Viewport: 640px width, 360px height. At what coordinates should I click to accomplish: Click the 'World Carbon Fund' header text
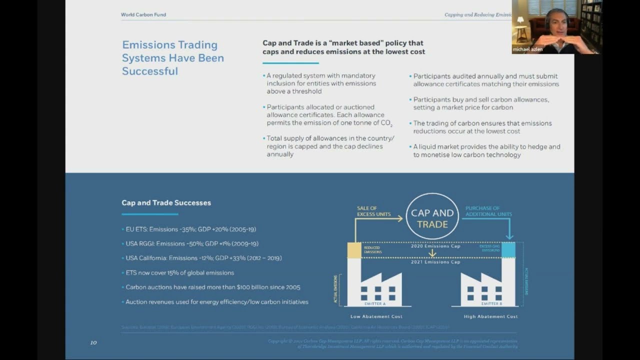[143, 14]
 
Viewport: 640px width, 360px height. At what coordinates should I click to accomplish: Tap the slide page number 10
[93, 342]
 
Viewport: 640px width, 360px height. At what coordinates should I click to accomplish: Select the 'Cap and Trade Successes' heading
[166, 202]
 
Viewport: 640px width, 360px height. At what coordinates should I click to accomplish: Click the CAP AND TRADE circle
[432, 216]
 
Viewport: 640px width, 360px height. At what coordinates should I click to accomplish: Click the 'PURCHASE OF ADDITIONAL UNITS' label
[488, 211]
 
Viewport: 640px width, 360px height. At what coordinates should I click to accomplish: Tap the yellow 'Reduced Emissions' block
[354, 250]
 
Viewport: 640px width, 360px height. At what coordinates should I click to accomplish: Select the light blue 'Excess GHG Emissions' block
[508, 249]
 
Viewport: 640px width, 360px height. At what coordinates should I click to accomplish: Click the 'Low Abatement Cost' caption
[376, 316]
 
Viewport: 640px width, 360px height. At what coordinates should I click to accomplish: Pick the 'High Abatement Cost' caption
[490, 316]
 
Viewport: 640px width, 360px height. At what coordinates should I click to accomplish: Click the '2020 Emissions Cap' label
[435, 246]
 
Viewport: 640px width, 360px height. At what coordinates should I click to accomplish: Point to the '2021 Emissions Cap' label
[435, 262]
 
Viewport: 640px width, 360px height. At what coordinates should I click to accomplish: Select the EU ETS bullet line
[190, 229]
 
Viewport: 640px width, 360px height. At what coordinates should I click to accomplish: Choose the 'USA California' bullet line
[203, 258]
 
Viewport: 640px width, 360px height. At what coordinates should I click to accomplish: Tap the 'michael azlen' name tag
[527, 49]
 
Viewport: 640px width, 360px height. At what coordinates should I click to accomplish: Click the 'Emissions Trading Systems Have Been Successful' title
[172, 58]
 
